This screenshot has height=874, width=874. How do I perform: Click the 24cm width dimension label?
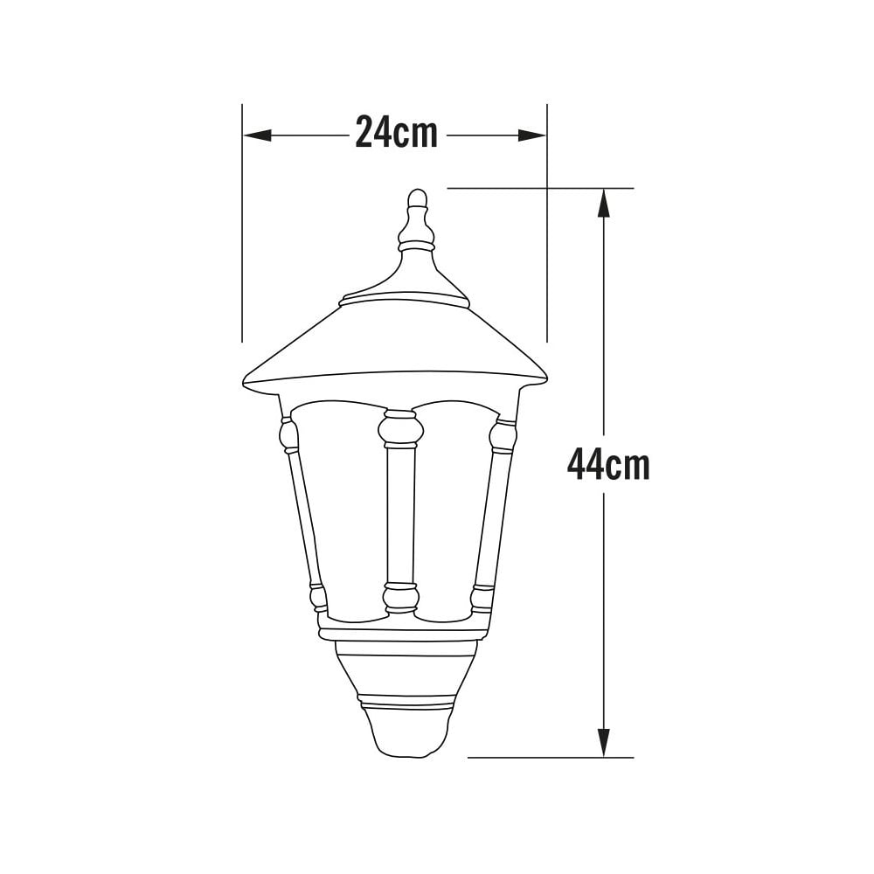pyautogui.click(x=396, y=135)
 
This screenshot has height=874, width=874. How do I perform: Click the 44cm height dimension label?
pyautogui.click(x=608, y=464)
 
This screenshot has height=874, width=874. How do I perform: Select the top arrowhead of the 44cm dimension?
pyautogui.click(x=603, y=204)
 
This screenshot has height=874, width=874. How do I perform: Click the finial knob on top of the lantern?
pyautogui.click(x=418, y=199)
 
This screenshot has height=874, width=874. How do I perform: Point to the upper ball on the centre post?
pyautogui.click(x=401, y=429)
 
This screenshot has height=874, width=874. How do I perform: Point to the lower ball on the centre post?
pyautogui.click(x=401, y=599)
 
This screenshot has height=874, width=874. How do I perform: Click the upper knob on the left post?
pyautogui.click(x=288, y=434)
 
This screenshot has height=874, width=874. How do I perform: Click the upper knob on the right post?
pyautogui.click(x=503, y=434)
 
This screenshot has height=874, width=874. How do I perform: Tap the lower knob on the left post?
pyautogui.click(x=318, y=599)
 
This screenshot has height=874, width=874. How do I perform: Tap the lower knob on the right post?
pyautogui.click(x=482, y=599)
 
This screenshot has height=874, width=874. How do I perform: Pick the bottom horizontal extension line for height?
pyautogui.click(x=551, y=757)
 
